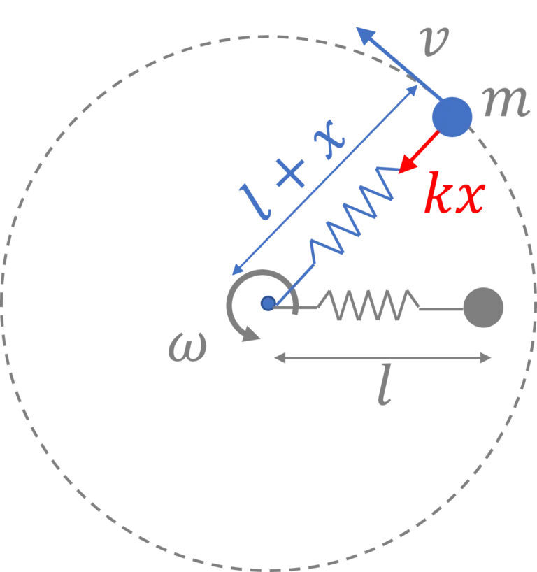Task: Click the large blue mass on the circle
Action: [x=452, y=116]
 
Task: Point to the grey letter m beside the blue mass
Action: [x=507, y=102]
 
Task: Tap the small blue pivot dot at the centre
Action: [x=268, y=303]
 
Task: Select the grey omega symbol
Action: [x=187, y=348]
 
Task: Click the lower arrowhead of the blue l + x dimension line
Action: [x=236, y=272]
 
